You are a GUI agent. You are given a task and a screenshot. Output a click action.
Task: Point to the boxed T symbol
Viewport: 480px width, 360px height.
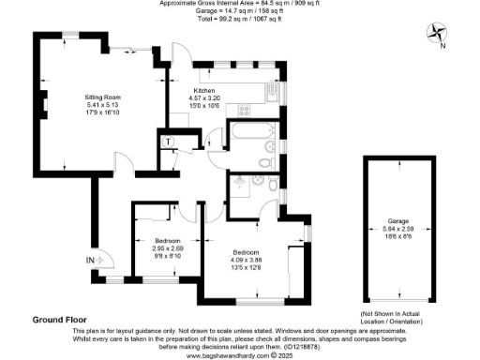pyautogui.click(x=167, y=141)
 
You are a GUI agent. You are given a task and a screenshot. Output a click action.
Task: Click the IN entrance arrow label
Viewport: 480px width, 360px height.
pyautogui.click(x=91, y=259)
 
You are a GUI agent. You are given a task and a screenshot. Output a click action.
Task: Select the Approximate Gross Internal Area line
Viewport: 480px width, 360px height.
pyautogui.click(x=239, y=4)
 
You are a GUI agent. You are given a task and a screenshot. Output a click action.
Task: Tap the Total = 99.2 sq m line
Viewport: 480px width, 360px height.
pyautogui.click(x=240, y=19)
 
